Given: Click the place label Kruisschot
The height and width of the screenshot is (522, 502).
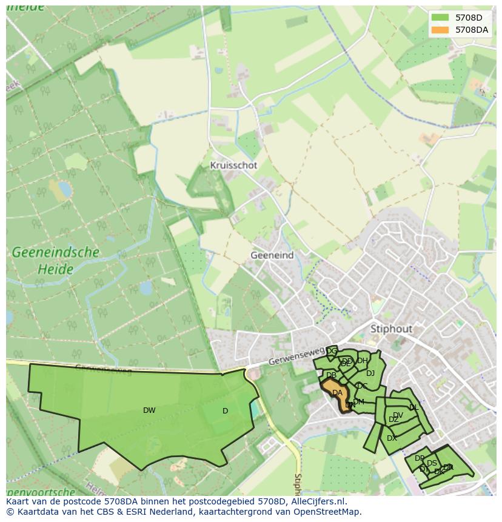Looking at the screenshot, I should click(233, 165).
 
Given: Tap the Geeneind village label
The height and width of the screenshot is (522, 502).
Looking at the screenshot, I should click(272, 255).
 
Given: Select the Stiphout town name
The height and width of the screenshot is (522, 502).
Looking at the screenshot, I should click(390, 329).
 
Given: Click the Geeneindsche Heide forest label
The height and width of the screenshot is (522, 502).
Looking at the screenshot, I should click(47, 259).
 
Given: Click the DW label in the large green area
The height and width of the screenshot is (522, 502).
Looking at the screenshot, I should click(149, 410).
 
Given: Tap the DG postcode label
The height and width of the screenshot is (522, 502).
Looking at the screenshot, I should click(332, 351).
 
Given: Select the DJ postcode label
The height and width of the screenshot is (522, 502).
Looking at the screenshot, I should click(370, 373).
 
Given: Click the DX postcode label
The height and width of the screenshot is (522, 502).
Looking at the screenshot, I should click(392, 438).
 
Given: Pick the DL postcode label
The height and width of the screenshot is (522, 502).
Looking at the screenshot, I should click(413, 407).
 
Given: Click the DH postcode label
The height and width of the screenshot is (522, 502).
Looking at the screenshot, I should click(362, 361).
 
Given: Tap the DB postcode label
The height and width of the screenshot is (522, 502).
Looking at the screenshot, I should click(331, 375).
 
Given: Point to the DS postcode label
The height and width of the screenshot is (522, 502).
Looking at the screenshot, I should click(432, 463).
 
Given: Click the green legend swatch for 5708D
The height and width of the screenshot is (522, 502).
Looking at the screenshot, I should click(440, 18).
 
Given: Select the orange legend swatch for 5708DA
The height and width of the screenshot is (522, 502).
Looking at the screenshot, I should click(440, 30).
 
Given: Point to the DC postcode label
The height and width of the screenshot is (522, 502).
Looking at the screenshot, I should click(362, 386).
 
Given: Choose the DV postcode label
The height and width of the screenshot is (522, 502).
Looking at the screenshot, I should click(398, 415).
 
